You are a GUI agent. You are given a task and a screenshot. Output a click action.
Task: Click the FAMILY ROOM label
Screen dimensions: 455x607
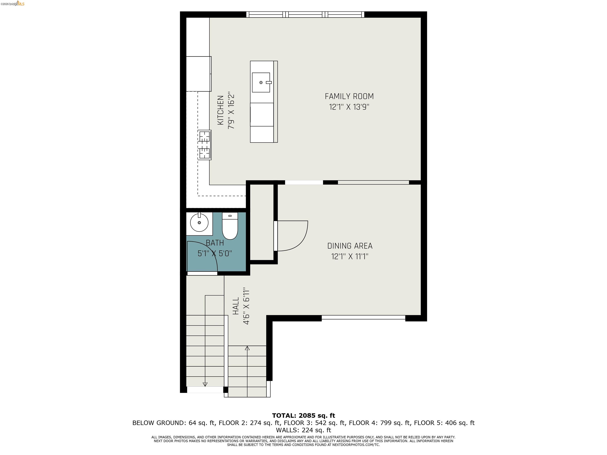349,97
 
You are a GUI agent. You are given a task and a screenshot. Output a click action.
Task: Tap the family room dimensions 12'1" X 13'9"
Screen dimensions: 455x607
349,107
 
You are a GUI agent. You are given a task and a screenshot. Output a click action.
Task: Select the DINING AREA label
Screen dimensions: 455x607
350,246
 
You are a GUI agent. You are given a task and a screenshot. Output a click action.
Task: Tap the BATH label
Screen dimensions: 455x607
215,243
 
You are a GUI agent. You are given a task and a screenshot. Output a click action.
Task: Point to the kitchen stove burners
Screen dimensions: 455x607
205,145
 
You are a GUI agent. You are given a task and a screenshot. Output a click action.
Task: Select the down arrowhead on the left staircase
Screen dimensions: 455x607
205,384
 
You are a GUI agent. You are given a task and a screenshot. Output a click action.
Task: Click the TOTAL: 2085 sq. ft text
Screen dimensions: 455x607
303,416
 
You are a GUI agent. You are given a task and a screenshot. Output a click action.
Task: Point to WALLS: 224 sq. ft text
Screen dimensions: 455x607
303,430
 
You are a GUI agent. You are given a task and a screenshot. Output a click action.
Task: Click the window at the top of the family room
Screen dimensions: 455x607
305,15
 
